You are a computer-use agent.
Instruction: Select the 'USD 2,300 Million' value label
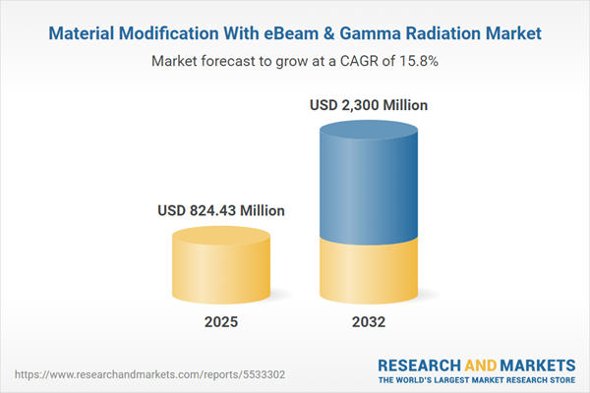(370, 104)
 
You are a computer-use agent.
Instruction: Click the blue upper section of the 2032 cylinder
(370, 187)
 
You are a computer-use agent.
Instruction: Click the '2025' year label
(221, 322)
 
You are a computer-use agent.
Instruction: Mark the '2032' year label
(370, 322)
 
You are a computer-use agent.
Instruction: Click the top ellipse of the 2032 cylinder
(370, 128)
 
